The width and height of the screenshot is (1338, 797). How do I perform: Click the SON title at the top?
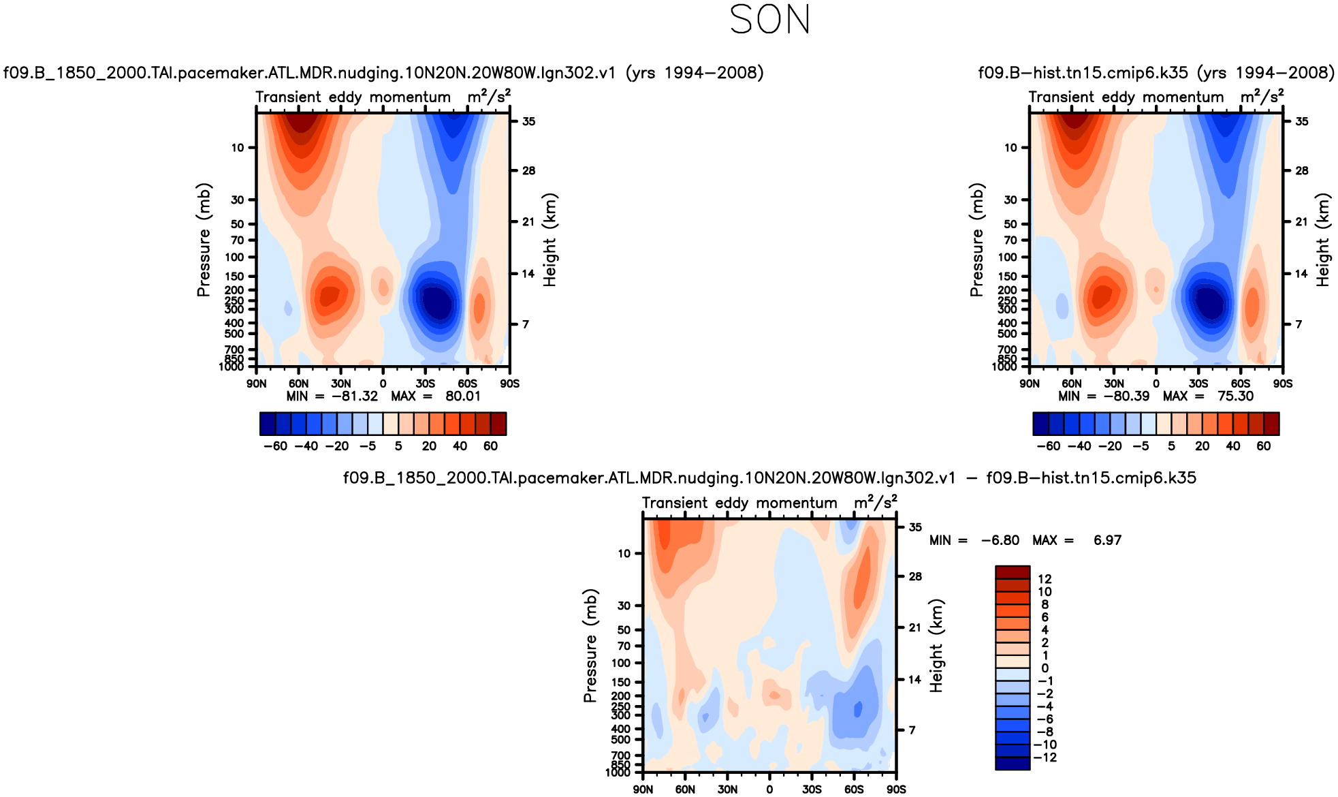(x=769, y=20)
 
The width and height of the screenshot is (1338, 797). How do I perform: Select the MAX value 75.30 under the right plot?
(x=1235, y=396)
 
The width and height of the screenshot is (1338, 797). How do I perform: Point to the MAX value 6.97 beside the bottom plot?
(x=1107, y=540)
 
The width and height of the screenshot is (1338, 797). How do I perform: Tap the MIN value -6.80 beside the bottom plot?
(x=1000, y=540)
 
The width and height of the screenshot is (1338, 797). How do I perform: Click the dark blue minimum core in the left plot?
(x=436, y=302)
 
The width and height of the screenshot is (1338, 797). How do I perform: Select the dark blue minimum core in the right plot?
(x=1210, y=302)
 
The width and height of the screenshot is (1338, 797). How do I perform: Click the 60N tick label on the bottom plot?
(x=685, y=790)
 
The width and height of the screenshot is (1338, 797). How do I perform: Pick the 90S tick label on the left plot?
(x=509, y=384)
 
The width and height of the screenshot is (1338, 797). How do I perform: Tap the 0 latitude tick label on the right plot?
(x=1156, y=384)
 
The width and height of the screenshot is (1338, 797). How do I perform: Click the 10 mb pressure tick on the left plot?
(x=237, y=147)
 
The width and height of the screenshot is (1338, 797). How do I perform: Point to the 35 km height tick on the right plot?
(x=1301, y=121)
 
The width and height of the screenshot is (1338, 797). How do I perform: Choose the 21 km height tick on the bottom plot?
(x=914, y=627)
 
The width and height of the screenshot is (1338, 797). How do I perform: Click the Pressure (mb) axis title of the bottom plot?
(x=590, y=645)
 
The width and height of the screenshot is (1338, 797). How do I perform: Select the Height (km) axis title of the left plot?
(x=550, y=240)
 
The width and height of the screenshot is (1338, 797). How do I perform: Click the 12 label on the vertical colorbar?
(x=1045, y=579)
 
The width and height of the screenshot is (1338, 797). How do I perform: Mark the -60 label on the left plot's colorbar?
(x=275, y=446)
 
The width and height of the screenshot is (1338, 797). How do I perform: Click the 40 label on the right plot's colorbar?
(x=1232, y=446)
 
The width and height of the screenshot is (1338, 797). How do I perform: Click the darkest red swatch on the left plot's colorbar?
(x=498, y=424)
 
